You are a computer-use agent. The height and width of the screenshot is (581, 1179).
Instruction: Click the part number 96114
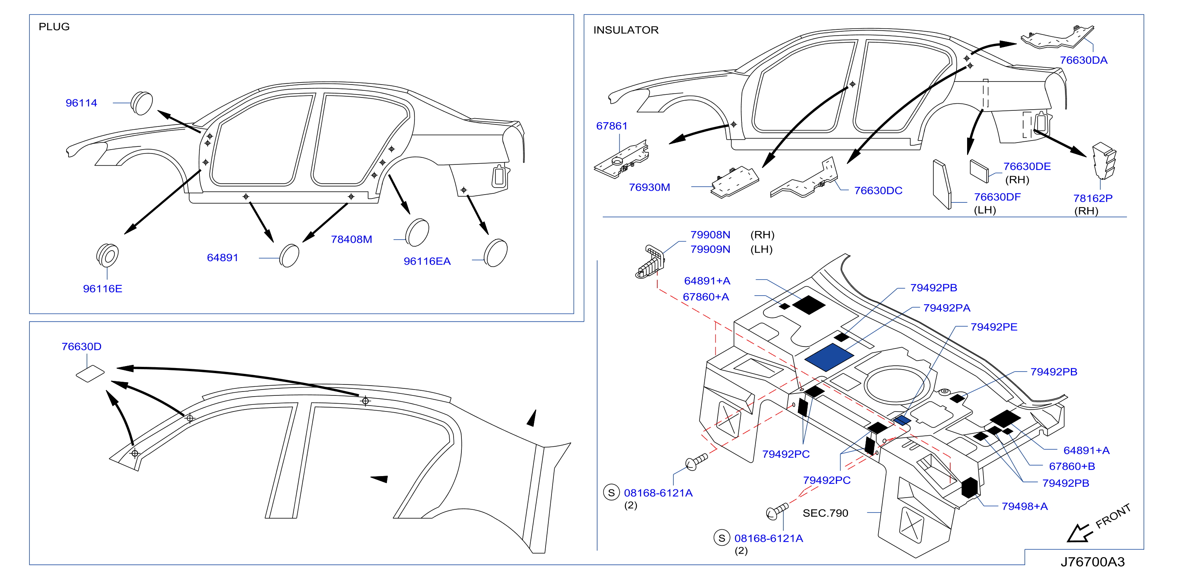click(81, 103)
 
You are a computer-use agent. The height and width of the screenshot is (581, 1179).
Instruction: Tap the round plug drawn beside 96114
click(142, 103)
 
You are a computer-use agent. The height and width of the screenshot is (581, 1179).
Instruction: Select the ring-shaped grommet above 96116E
click(108, 255)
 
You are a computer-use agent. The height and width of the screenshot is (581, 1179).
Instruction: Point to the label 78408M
click(351, 239)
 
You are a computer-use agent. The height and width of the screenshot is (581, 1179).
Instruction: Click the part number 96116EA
click(427, 261)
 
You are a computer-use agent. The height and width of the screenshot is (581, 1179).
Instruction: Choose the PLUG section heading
click(54, 27)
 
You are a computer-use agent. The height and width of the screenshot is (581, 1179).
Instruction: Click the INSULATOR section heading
click(626, 30)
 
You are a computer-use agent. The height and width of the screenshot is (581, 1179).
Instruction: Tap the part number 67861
click(611, 126)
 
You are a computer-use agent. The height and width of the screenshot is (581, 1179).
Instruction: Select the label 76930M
click(649, 187)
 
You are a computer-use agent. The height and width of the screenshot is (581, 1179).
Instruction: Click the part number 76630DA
click(1083, 60)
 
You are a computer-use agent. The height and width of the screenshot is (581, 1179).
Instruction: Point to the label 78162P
click(1092, 198)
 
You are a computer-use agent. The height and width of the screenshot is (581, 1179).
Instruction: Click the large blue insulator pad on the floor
click(829, 357)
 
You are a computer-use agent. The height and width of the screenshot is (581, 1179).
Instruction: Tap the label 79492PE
click(994, 327)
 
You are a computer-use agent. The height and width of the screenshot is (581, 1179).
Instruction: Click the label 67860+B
click(1072, 466)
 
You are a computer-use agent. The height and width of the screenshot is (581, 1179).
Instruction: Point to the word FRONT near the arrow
click(1113, 516)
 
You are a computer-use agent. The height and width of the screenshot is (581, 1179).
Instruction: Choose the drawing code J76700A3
click(1092, 562)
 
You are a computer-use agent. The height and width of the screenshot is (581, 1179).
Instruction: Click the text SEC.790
click(825, 513)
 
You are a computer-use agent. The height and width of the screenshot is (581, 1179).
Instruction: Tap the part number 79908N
click(710, 235)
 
